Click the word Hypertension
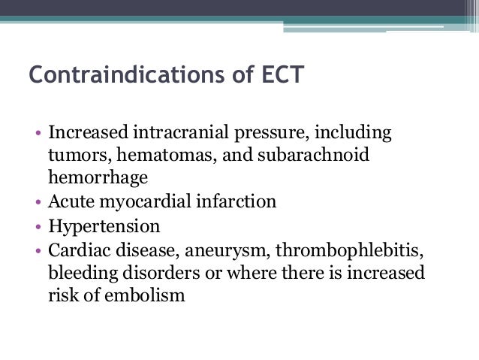click(x=104, y=226)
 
